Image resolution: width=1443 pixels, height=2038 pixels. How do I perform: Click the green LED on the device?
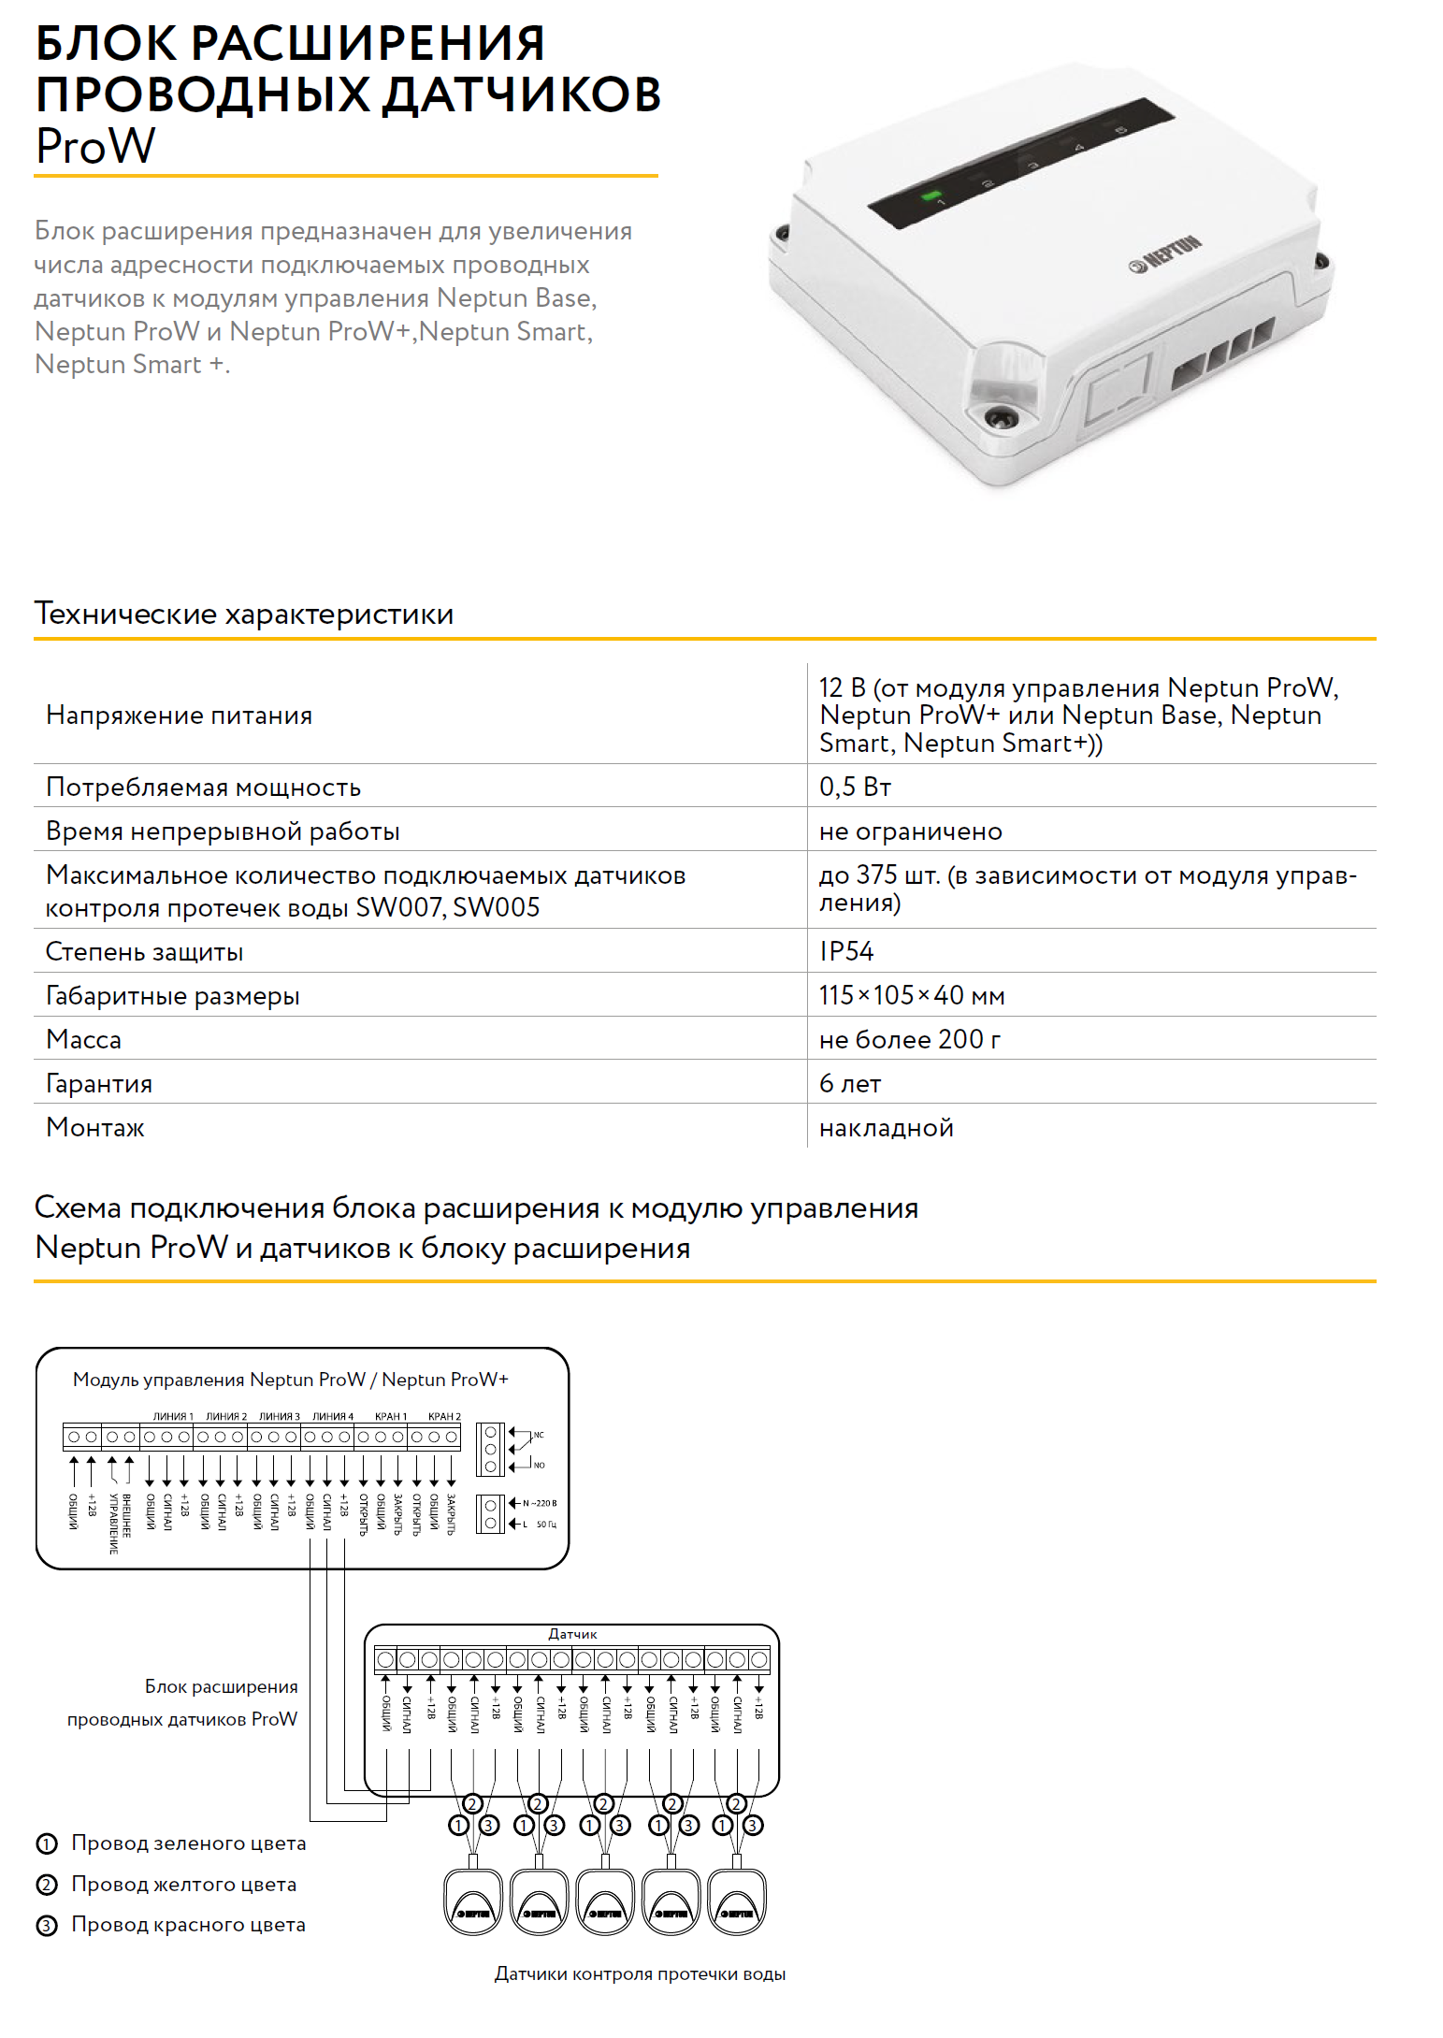tap(931, 196)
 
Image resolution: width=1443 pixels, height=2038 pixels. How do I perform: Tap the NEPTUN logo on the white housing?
tap(1165, 254)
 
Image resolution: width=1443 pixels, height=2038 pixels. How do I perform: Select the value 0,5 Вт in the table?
tap(855, 787)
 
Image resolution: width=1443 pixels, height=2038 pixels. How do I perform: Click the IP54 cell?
tap(846, 951)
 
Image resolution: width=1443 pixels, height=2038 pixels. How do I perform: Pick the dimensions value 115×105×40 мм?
tap(912, 995)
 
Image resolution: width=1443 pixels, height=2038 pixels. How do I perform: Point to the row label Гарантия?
tap(99, 1084)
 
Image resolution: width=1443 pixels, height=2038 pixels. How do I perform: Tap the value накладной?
tap(886, 1128)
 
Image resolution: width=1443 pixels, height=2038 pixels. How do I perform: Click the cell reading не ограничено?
tap(910, 831)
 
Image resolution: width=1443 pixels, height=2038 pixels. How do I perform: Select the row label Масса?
tap(83, 1040)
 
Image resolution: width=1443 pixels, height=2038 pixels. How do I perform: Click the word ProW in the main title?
tap(95, 147)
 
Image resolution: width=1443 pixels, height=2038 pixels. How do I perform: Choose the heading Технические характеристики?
tap(244, 614)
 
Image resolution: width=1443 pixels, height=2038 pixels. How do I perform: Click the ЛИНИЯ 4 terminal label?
tap(333, 1416)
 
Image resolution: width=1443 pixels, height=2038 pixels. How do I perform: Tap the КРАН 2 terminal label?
tap(444, 1416)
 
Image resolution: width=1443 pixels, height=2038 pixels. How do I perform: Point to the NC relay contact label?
tap(539, 1435)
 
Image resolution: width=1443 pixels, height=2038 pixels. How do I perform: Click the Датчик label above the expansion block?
tap(572, 1634)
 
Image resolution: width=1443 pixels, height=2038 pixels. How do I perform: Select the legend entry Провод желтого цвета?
tap(183, 1885)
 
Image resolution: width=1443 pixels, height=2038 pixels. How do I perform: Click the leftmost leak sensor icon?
tap(473, 1901)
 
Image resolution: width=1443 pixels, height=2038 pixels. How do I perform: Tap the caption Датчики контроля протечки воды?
tap(640, 1974)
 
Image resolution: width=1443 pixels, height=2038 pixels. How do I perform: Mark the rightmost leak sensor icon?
tap(738, 1901)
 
